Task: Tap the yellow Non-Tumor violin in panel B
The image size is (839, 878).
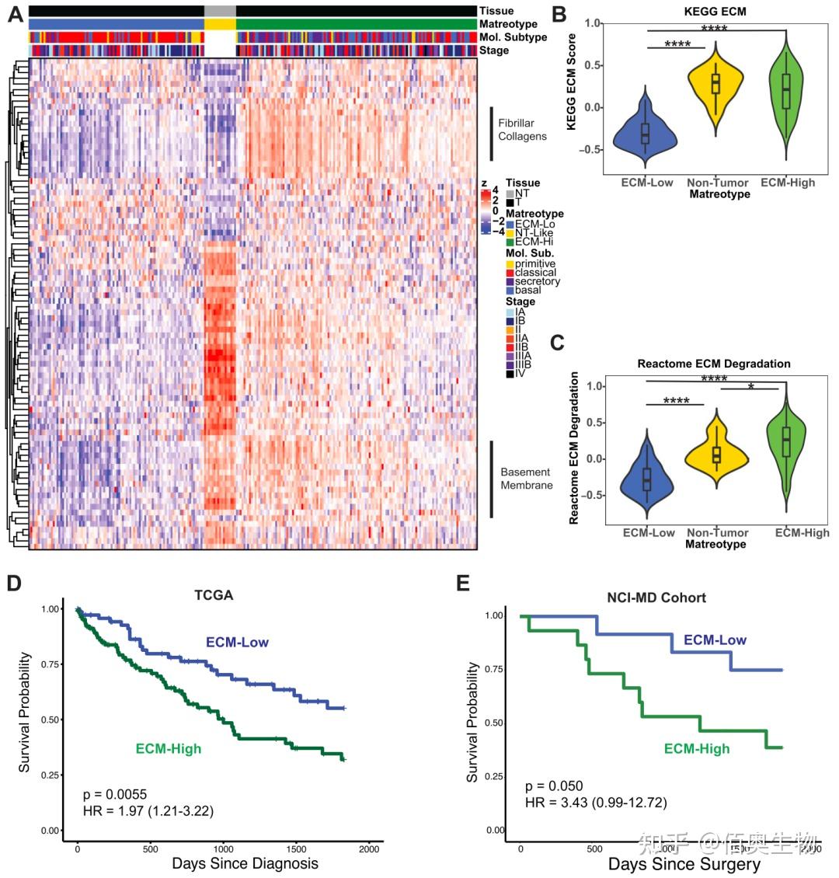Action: (x=715, y=85)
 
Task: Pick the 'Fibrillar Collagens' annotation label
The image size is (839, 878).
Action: (x=522, y=129)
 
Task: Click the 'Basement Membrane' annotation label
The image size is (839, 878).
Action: (x=526, y=479)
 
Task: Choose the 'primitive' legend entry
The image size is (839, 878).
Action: (x=534, y=264)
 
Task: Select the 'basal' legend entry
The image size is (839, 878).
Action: (x=527, y=290)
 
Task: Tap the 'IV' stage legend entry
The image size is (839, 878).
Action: (x=520, y=374)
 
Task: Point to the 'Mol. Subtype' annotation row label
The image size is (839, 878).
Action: (x=513, y=37)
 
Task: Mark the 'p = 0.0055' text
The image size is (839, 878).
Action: (x=115, y=794)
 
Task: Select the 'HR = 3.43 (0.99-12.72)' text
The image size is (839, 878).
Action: (x=595, y=802)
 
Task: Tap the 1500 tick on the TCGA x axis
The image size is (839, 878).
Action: (x=297, y=848)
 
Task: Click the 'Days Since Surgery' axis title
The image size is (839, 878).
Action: (x=684, y=864)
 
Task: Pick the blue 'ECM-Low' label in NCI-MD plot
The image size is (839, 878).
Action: (x=715, y=640)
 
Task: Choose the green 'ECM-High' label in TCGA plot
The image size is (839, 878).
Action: (x=168, y=749)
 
